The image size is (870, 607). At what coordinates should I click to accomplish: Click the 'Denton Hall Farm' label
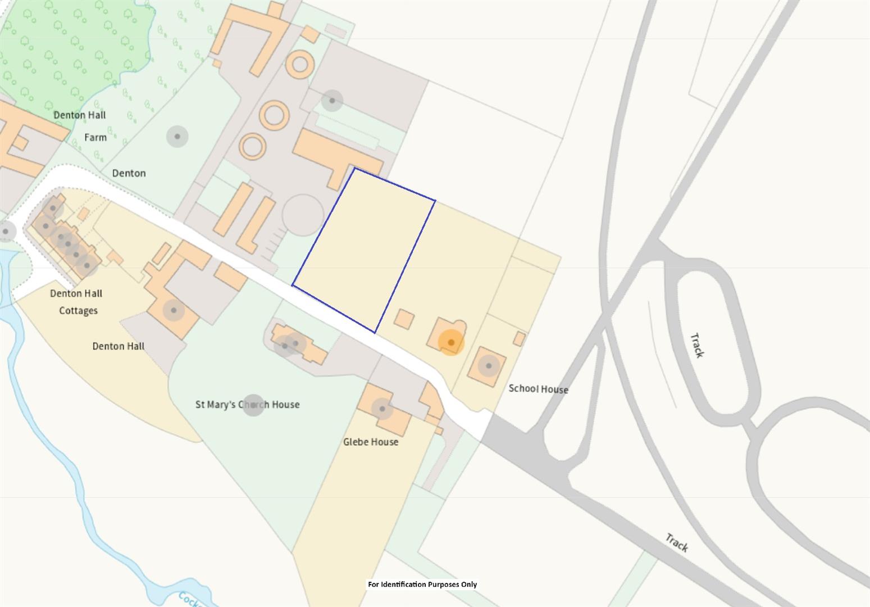point(80,125)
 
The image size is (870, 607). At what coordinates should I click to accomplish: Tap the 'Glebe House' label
point(371,442)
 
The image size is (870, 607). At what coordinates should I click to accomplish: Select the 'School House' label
point(538,389)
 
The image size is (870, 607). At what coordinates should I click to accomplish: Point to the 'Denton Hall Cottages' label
point(76,302)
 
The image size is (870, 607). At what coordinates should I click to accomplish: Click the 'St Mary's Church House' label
point(247,404)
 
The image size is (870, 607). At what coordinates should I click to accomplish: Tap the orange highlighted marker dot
point(451,342)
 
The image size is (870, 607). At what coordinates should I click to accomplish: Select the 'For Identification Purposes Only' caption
point(422,585)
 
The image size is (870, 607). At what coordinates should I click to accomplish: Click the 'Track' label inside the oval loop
point(697,345)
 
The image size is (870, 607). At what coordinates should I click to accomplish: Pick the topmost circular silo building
point(300,64)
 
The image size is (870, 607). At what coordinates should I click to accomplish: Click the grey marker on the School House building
point(489,366)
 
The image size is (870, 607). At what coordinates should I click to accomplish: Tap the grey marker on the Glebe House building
point(382,409)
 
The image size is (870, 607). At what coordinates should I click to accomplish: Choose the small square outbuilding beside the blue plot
point(404,319)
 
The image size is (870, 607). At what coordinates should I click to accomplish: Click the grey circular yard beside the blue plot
point(303,215)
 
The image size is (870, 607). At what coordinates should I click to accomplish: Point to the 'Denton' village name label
point(129,173)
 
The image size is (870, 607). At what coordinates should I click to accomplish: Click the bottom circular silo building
point(253,147)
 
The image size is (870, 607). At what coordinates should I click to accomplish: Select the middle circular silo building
point(274,116)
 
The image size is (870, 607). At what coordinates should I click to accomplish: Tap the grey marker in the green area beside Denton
point(177,137)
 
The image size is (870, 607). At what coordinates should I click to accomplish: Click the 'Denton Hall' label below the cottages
point(119,346)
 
